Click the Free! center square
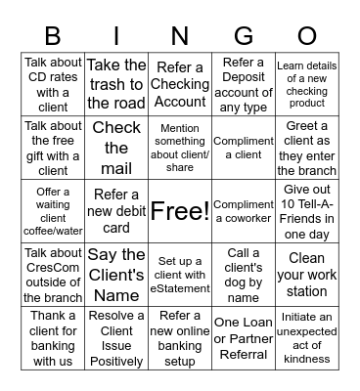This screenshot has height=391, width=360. pyautogui.click(x=180, y=210)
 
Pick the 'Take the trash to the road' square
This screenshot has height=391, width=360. pyautogui.click(x=116, y=84)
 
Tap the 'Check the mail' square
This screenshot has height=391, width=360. pyautogui.click(x=116, y=148)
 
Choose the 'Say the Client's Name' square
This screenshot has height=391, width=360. pyautogui.click(x=116, y=275)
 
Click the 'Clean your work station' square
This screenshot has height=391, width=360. pyautogui.click(x=307, y=275)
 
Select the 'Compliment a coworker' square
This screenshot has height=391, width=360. pyautogui.click(x=244, y=210)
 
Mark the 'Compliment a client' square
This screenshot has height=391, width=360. pyautogui.click(x=244, y=148)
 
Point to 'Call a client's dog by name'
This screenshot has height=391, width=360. pyautogui.click(x=244, y=275)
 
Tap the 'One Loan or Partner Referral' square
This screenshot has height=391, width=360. pyautogui.click(x=244, y=338)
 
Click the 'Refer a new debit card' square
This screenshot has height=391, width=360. pyautogui.click(x=116, y=210)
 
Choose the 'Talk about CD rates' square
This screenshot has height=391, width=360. pyautogui.click(x=53, y=84)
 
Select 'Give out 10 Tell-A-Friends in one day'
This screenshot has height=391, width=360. pyautogui.click(x=307, y=210)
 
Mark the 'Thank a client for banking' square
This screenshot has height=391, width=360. pyautogui.click(x=53, y=338)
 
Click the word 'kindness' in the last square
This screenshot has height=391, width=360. pyautogui.click(x=307, y=360)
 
